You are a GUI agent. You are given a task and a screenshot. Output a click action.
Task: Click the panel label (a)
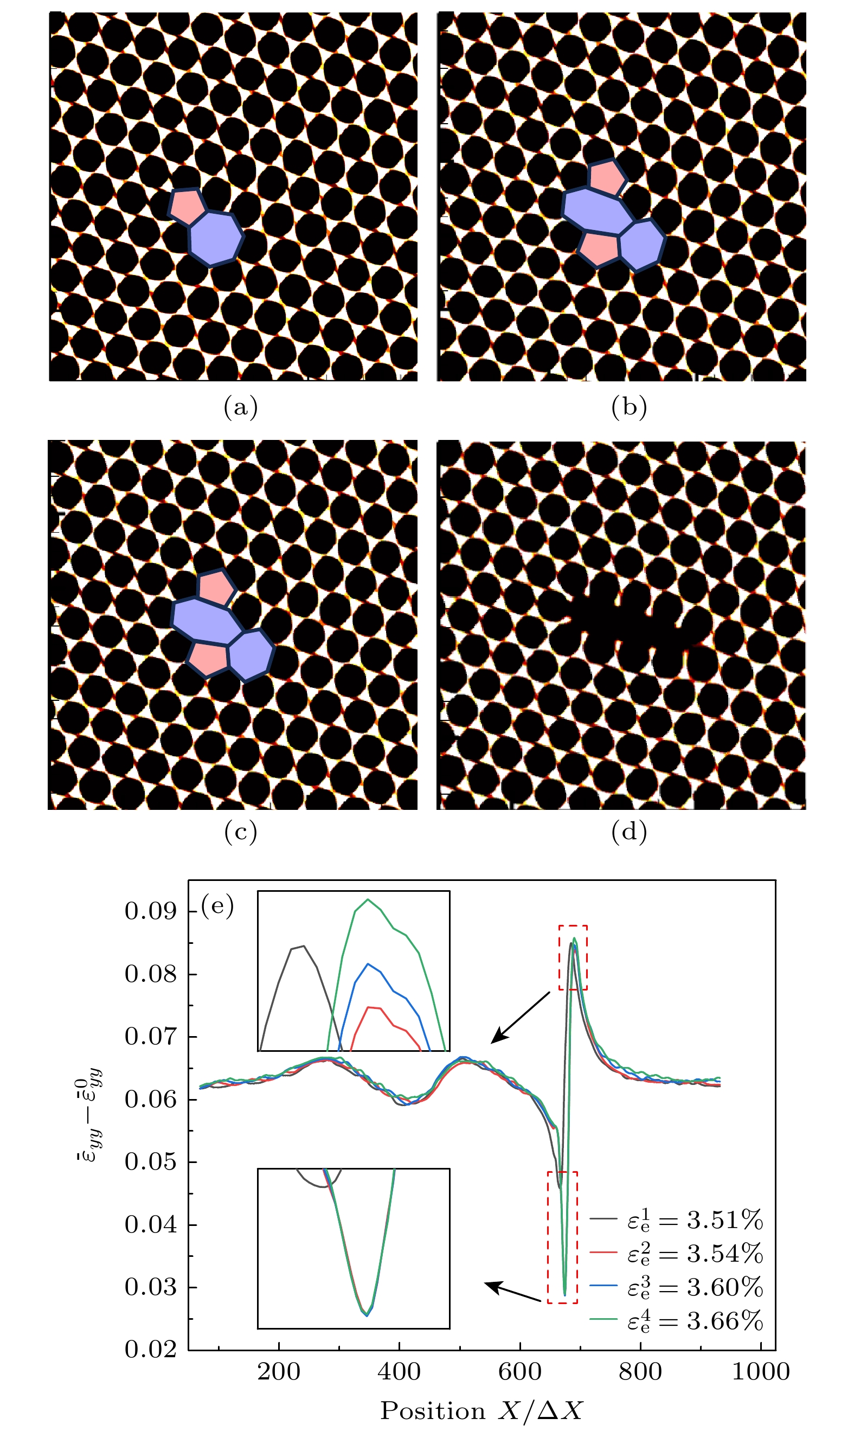(241, 407)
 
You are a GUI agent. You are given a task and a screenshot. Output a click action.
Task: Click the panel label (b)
(629, 407)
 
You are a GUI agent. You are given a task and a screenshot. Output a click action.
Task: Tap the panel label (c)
(241, 831)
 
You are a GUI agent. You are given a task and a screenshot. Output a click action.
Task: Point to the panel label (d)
(629, 831)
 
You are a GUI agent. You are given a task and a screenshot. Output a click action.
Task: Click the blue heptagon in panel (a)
(215, 238)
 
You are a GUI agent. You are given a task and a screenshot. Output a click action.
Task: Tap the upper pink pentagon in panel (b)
(606, 177)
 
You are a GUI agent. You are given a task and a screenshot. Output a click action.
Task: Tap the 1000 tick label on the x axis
(760, 1372)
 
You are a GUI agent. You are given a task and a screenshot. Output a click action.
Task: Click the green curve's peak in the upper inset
(368, 900)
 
